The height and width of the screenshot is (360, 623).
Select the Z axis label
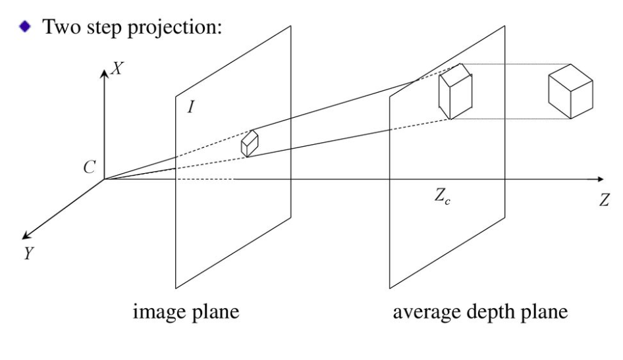pyautogui.click(x=604, y=201)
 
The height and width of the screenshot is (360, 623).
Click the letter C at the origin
pyautogui.click(x=89, y=168)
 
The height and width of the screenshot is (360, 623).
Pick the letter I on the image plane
pyautogui.click(x=190, y=106)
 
